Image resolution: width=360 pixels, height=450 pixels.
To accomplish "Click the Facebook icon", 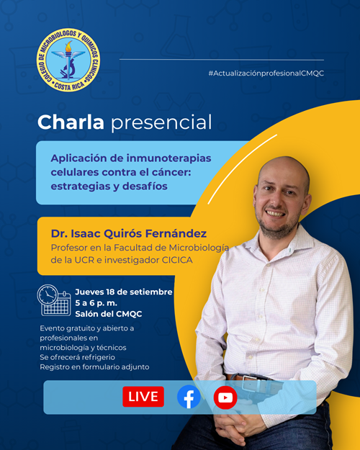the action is (x=189, y=397).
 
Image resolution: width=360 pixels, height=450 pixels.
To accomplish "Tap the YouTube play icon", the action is (x=225, y=397).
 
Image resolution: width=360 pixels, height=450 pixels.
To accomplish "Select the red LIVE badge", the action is (x=143, y=397).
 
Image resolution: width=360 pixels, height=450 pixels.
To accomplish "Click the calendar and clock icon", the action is (x=54, y=300).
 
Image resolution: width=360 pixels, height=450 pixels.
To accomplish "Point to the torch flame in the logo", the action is (x=68, y=47).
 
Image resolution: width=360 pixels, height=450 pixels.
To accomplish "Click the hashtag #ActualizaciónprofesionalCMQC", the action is (x=266, y=73).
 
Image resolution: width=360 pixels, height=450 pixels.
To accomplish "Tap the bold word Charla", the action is (x=71, y=122).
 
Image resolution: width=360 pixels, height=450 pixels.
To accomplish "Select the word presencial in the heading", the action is (x=161, y=123).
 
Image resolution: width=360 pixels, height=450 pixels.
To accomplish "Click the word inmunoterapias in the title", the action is (x=168, y=158).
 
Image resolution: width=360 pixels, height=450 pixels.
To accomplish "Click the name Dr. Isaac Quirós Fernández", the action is (x=129, y=233).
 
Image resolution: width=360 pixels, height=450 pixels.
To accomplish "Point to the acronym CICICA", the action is (x=177, y=260).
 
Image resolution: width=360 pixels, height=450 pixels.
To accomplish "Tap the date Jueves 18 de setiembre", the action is (x=124, y=292).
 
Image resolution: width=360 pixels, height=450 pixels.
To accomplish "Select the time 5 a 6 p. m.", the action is (x=96, y=303).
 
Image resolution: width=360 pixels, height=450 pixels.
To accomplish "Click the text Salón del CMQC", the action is (x=109, y=314).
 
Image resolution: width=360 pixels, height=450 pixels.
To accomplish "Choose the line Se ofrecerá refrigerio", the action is (x=77, y=357).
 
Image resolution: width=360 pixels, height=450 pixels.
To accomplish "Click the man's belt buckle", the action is (x=253, y=382).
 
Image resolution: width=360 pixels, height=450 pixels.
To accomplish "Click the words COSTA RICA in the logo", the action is (x=69, y=85).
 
